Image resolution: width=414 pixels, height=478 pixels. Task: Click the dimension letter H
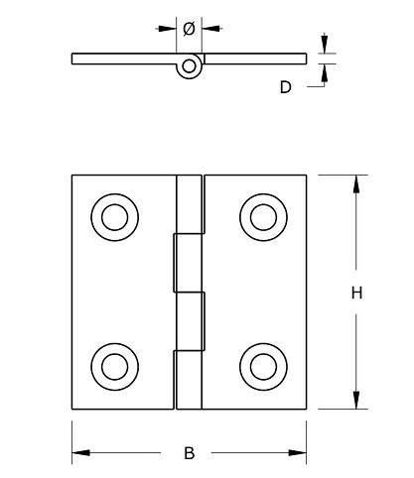click(355, 293)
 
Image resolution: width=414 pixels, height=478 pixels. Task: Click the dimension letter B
click(189, 453)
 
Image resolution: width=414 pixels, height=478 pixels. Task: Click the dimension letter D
click(285, 87)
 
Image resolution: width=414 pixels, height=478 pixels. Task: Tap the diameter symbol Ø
click(189, 29)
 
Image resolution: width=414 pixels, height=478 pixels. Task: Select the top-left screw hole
click(109, 215)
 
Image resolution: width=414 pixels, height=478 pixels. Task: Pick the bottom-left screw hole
click(109, 365)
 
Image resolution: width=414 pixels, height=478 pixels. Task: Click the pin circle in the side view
click(189, 66)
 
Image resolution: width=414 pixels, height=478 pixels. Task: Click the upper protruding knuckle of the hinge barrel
click(185, 263)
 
